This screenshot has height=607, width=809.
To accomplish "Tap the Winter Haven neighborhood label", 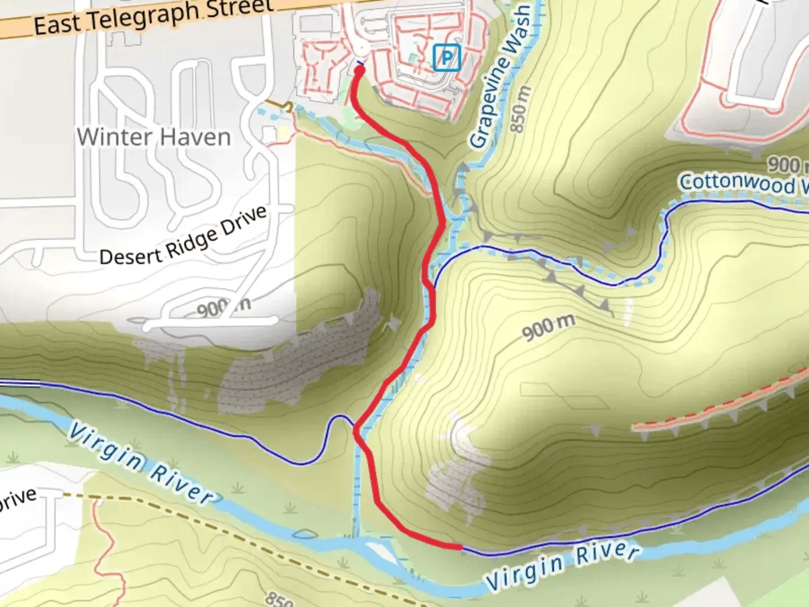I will pos(153,137).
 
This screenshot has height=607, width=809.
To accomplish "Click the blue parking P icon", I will pos(447,58).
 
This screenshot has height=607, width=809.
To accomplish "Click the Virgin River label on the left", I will pos(140,464).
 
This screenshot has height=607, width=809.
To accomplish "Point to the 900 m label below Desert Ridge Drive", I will pos(224,307).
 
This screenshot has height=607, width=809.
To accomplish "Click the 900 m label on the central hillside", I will pos(548,327).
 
